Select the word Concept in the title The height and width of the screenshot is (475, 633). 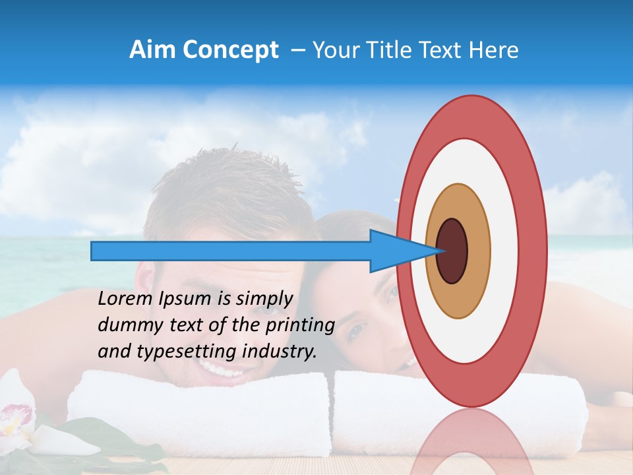click(x=230, y=50)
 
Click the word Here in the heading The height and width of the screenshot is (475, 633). click(x=495, y=50)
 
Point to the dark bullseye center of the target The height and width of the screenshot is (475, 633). click(x=452, y=251)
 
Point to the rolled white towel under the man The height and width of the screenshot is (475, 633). click(x=198, y=409)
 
